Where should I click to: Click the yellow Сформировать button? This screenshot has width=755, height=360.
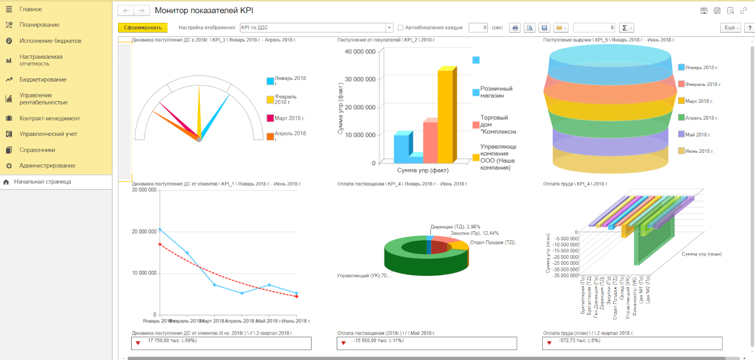(143, 28)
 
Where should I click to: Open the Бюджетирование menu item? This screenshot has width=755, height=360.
(43, 79)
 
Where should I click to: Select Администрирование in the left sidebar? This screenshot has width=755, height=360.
(47, 165)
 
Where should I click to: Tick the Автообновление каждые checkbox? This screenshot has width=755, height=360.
(400, 28)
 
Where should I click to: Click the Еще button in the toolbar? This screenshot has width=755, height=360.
(729, 28)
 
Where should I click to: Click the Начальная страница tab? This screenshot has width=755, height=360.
(42, 182)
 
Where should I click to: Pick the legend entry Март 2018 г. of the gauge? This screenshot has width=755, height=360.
(289, 118)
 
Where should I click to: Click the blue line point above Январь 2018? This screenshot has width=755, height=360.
(159, 229)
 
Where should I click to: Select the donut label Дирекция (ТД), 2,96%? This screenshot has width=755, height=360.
(455, 226)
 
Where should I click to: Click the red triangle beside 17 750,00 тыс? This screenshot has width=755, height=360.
(138, 343)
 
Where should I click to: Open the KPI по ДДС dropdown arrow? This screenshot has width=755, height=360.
(389, 28)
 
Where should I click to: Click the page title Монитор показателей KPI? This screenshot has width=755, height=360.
(204, 10)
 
